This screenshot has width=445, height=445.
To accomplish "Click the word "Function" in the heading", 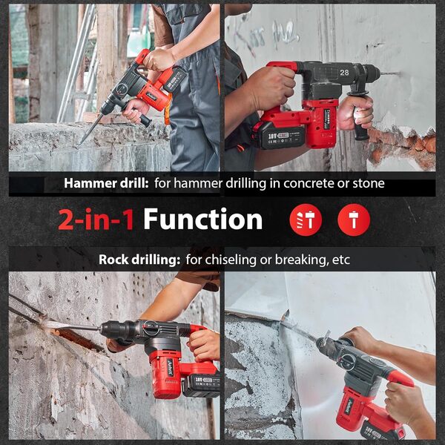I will coord(202,220).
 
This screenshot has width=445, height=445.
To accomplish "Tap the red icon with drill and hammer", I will coord(306,220).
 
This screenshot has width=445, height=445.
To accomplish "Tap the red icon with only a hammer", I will coord(353,220).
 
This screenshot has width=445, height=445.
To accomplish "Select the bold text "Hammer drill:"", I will coord(107,183).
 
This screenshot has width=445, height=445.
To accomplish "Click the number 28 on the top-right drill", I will coord(345,73).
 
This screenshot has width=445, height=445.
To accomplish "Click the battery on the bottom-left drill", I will coord(199,383).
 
